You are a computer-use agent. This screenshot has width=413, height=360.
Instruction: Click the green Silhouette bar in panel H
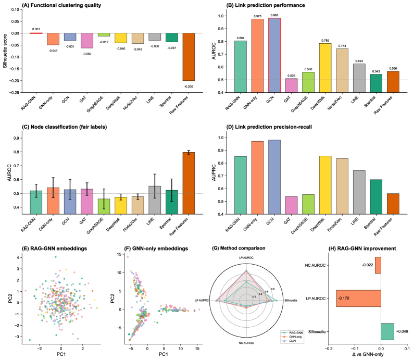coord(387,331)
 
